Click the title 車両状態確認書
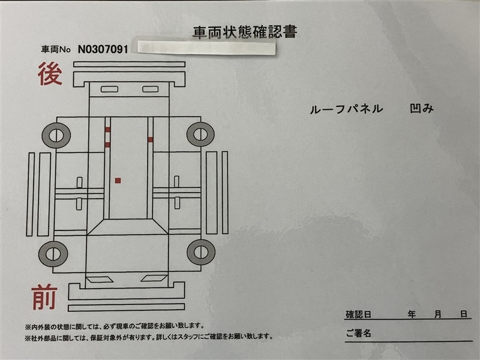click(x=245, y=32)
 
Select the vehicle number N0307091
click(x=103, y=49)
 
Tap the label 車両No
click(x=56, y=50)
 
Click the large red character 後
click(x=50, y=73)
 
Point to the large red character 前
click(x=44, y=297)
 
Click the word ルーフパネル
click(x=346, y=109)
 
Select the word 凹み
click(x=422, y=109)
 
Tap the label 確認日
click(x=358, y=314)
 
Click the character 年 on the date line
click(x=412, y=314)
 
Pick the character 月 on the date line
click(x=438, y=314)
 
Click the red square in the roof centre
click(x=118, y=181)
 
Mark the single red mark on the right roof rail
click(x=151, y=140)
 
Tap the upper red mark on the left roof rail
click(x=107, y=130)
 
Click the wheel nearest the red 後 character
click(x=56, y=136)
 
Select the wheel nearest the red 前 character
click(x=53, y=254)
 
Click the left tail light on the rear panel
click(x=109, y=89)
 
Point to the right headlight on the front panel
click(x=154, y=278)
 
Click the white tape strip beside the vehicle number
click(x=206, y=48)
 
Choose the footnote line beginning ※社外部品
click(x=149, y=337)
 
